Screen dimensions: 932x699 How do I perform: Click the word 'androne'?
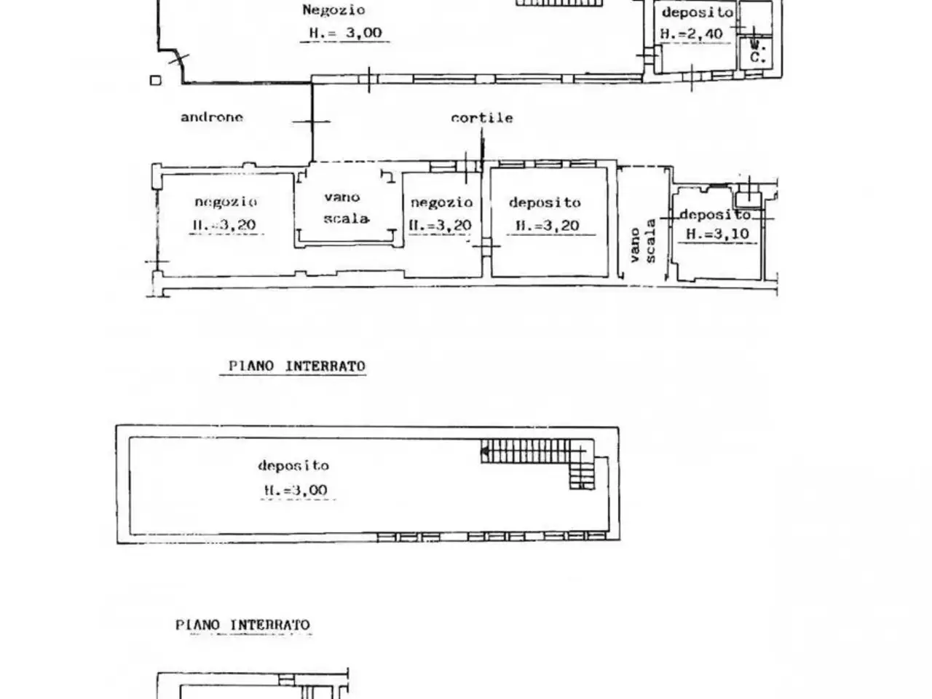tap(212, 117)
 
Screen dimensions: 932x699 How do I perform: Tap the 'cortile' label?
tap(482, 118)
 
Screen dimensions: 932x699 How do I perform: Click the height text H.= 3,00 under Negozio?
tap(345, 33)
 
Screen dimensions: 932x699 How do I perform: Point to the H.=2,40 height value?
tap(692, 34)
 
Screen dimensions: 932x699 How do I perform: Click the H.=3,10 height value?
tap(718, 234)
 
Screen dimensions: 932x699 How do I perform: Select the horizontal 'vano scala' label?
tap(346, 208)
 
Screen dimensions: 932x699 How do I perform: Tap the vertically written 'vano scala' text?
tap(643, 241)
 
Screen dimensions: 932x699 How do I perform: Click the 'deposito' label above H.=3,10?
tap(716, 215)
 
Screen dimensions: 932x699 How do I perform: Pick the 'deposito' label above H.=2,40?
tap(698, 12)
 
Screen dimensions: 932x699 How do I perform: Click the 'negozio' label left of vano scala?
tap(226, 202)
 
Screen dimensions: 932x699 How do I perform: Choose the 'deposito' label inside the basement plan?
tap(293, 465)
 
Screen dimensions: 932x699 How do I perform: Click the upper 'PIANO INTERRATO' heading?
tap(297, 366)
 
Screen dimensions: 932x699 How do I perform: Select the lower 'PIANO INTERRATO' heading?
tap(243, 625)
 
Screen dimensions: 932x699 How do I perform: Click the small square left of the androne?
tap(156, 80)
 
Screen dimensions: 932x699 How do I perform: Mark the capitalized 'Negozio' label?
tap(333, 9)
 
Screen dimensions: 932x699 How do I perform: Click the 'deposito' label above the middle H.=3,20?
tap(545, 202)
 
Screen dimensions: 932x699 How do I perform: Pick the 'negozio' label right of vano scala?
tap(441, 202)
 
